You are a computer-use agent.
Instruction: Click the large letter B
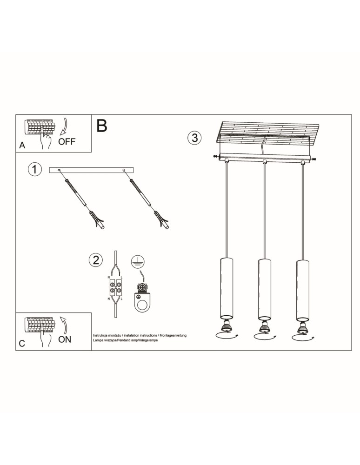(x=102, y=125)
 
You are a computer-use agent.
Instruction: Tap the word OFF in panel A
(x=67, y=141)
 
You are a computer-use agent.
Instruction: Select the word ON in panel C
(x=65, y=339)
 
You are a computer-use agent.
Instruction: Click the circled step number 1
(x=35, y=170)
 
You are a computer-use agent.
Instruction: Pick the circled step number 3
(x=194, y=138)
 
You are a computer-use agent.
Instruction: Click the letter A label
(x=22, y=145)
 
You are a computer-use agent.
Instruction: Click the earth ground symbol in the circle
(x=136, y=261)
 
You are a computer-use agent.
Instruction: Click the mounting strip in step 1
(x=91, y=170)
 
